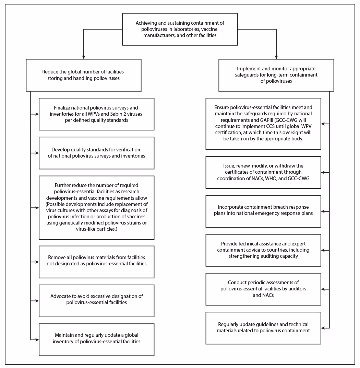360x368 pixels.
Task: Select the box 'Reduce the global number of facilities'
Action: [83, 75]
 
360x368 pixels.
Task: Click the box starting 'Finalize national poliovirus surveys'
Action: [96, 114]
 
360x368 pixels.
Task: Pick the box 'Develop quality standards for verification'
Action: [96, 153]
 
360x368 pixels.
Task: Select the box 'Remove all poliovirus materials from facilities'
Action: [96, 262]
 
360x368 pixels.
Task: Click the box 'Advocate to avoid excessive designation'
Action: [96, 301]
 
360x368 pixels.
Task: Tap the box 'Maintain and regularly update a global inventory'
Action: [96, 340]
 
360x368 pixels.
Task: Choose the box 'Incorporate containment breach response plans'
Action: [263, 211]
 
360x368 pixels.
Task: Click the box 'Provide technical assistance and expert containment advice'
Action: [263, 250]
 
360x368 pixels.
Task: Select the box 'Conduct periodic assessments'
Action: [263, 289]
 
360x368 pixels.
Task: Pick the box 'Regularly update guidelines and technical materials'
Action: [263, 328]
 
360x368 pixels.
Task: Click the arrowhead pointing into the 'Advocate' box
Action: [37, 301]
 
